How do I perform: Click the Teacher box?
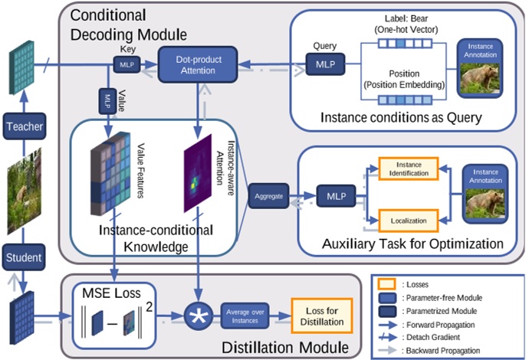pyautogui.click(x=22, y=126)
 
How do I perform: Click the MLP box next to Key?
pyautogui.click(x=126, y=66)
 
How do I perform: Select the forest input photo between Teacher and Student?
pyautogui.click(x=23, y=191)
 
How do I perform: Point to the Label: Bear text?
pyautogui.click(x=402, y=17)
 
